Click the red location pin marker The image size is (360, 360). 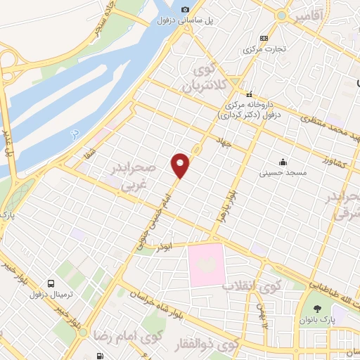pyautogui.click(x=181, y=165)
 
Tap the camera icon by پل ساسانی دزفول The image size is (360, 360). pyautogui.click(x=185, y=10)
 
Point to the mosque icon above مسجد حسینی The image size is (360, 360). pyautogui.click(x=283, y=161)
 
